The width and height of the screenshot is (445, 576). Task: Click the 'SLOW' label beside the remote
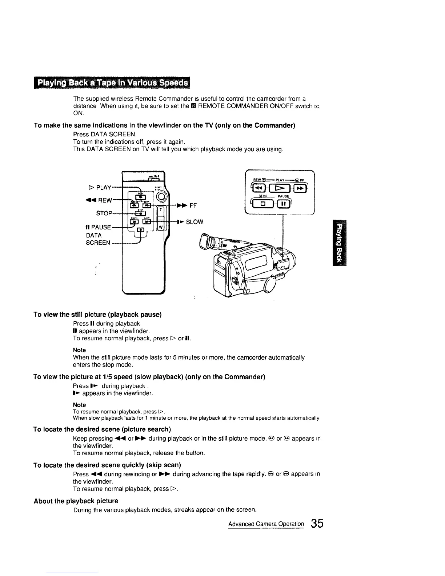pos(195,222)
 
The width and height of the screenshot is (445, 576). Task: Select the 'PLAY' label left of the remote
pos(100,188)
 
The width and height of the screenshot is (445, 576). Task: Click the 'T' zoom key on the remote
pos(160,211)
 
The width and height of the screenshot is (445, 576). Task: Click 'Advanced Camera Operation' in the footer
pos(266,524)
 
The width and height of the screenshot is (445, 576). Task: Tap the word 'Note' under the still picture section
pos(79,350)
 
